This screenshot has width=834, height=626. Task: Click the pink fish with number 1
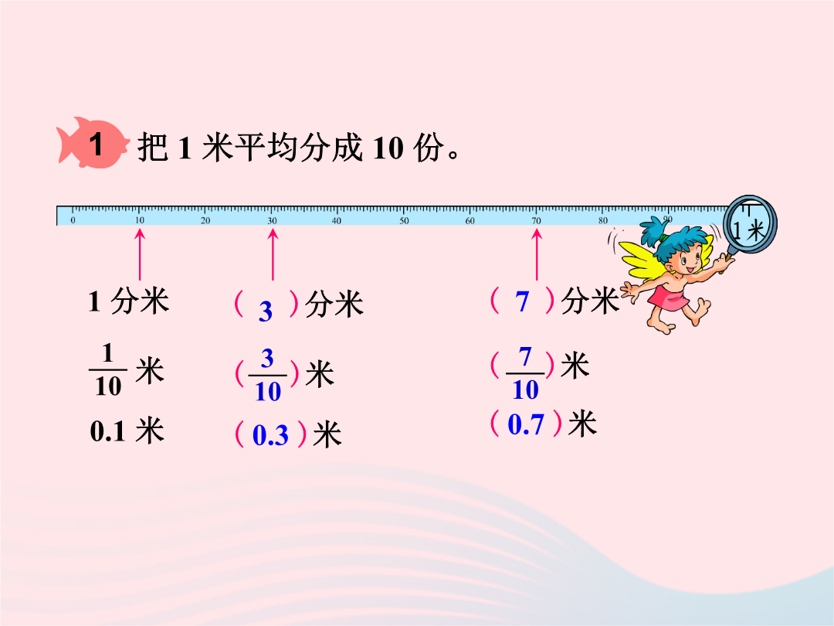pos(93,143)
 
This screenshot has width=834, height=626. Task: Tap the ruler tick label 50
pos(404,221)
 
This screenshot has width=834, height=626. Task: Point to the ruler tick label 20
pos(205,221)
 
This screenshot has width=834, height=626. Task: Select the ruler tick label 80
pos(602,221)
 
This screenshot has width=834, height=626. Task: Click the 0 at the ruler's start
pos(73,220)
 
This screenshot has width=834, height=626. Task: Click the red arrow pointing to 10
pos(140,254)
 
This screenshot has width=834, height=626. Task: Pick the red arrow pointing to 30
pos(273,254)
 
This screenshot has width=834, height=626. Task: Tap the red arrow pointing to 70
pos(537,254)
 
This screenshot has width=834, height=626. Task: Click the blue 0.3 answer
pos(270,435)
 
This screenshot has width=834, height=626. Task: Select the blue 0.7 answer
pos(526,424)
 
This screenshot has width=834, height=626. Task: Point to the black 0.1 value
pos(107,431)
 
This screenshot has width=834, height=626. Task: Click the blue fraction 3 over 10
pos(267,376)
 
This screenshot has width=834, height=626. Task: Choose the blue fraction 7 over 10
pos(525,373)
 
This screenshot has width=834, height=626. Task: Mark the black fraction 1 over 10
pos(108,370)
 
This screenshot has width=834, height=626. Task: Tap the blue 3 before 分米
pos(266,311)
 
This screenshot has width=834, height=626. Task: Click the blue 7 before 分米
pos(522,301)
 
